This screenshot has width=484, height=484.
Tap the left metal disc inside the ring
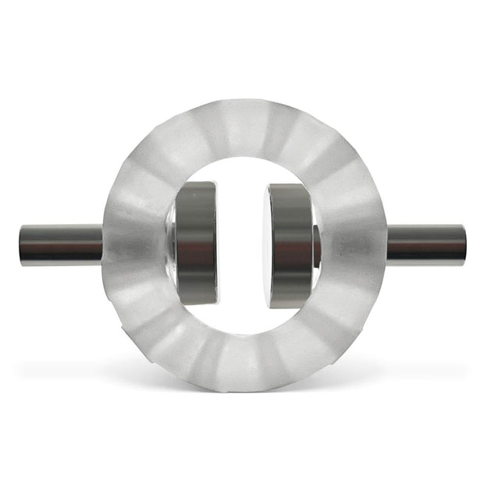point(194,244)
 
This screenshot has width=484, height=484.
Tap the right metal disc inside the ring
point(290,244)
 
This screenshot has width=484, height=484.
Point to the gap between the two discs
point(243,244)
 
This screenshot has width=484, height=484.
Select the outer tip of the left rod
point(22,245)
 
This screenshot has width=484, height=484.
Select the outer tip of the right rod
point(464,244)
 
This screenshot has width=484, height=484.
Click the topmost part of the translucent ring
point(243,105)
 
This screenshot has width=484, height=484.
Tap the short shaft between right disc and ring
point(316,245)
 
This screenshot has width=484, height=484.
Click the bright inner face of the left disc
point(216,244)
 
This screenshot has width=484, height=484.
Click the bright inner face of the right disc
point(269,244)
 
